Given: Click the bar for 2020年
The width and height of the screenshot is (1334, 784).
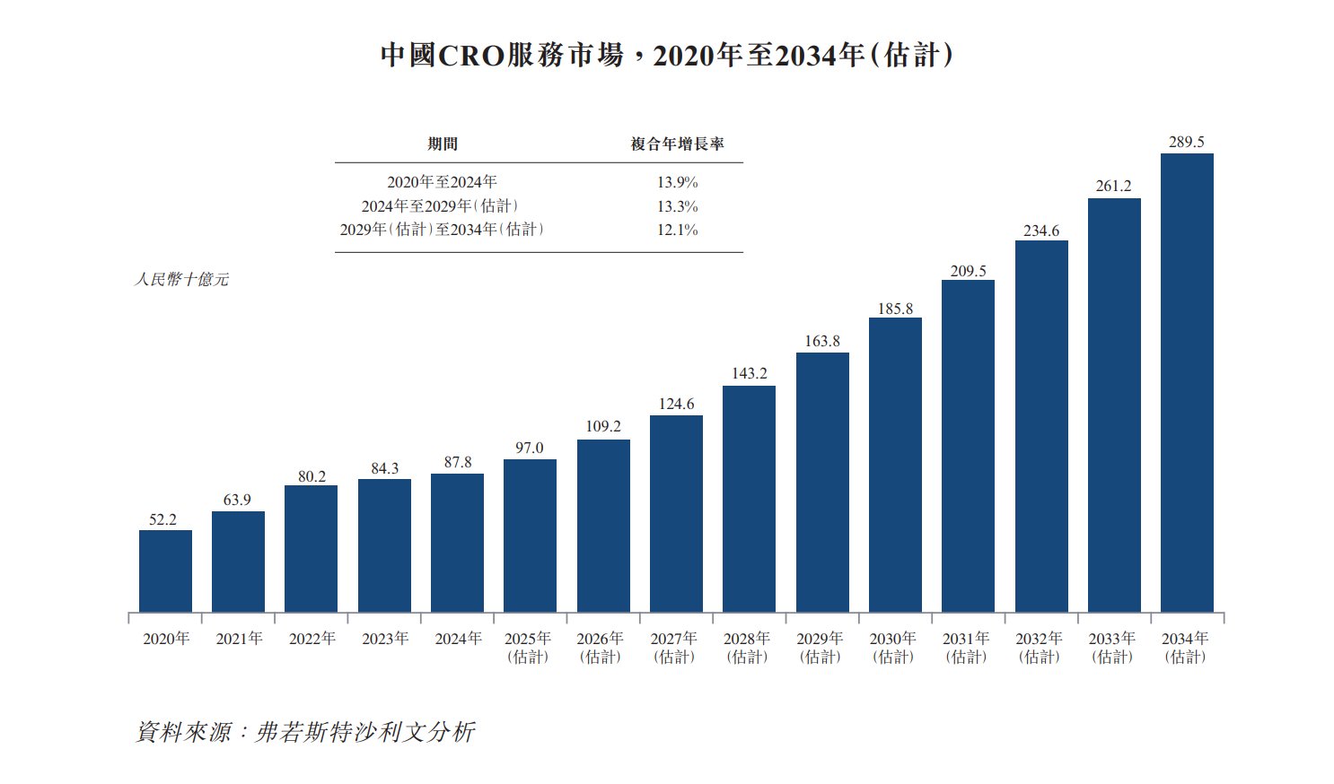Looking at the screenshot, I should pos(165,571).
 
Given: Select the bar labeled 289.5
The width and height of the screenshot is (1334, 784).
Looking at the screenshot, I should pos(1187,383).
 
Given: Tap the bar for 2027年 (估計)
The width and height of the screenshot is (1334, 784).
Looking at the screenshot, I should pos(676,514).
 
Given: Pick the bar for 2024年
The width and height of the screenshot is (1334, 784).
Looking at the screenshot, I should pos(457,543).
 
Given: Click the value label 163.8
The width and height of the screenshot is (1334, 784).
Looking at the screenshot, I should pos(822,341).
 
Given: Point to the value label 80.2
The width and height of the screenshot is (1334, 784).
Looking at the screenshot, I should pos(312,476).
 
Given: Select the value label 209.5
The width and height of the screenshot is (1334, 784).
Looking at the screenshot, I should pos(968,271).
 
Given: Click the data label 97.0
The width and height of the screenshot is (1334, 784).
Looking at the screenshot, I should pos(529,448).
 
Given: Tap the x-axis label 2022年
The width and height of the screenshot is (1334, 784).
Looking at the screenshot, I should pos(312,639).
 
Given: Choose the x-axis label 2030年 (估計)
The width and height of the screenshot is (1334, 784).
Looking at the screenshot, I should pos(892,647).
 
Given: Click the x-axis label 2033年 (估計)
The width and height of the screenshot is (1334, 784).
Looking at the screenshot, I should pos(1111,647).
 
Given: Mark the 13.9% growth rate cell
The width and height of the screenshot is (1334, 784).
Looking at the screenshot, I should pos(677,182).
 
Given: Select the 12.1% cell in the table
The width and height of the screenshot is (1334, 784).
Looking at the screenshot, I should pos(677,230).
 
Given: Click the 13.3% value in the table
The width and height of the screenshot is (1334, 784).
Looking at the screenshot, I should pos(677,206).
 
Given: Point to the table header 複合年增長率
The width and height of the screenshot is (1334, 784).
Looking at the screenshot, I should pos(677,144).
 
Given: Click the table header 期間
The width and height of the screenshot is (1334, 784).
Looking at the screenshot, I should pos(442,144).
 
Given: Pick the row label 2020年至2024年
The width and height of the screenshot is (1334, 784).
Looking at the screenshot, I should pos(442,182).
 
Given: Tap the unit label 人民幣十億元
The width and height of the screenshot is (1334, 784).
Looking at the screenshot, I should pos(181,280).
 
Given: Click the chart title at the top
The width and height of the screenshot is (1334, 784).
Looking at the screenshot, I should pos(666,56).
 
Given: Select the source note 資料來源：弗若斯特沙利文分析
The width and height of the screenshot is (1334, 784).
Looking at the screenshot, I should pos(304,732).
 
